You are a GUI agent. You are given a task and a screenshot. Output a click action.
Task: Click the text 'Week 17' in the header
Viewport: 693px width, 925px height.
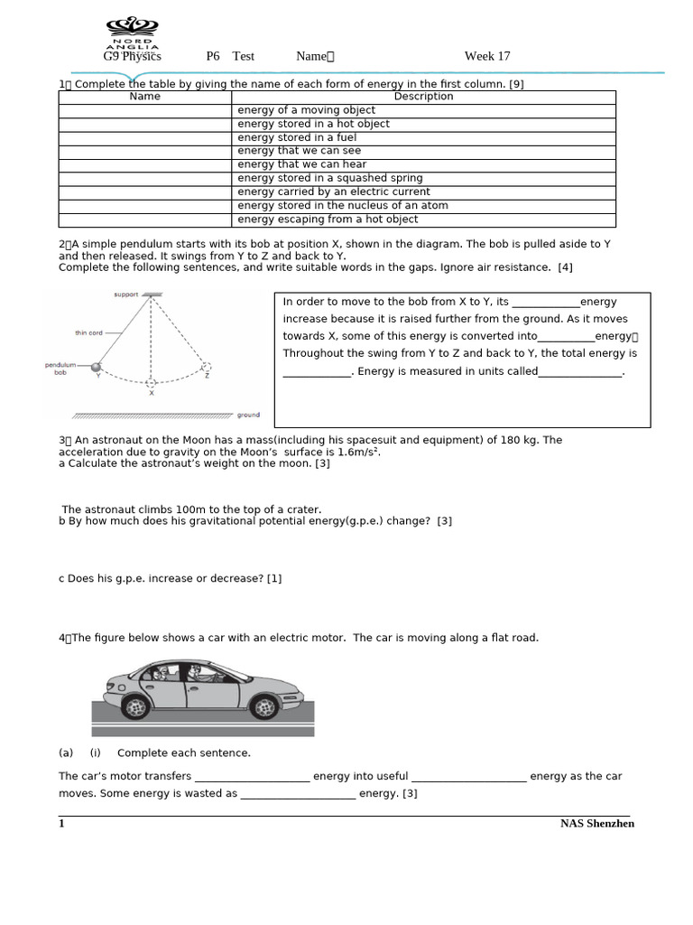(487, 56)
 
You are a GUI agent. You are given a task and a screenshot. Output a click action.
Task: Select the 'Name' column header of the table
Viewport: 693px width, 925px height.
(145, 97)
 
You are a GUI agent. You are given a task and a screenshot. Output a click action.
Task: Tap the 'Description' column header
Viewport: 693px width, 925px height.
(423, 97)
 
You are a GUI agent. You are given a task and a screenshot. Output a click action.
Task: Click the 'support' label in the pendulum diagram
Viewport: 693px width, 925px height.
(126, 294)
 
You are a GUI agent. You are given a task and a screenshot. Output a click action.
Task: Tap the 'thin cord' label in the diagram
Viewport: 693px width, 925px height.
(89, 332)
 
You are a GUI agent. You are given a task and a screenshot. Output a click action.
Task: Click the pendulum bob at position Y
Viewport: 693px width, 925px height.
(96, 367)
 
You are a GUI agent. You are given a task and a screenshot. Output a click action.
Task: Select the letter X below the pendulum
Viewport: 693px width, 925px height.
(152, 393)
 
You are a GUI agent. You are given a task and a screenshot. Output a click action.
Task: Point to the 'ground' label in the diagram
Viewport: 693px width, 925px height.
(248, 416)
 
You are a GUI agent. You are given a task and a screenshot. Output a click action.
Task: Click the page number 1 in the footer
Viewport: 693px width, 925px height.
(61, 824)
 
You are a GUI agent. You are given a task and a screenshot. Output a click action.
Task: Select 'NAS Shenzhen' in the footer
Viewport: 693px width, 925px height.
(596, 824)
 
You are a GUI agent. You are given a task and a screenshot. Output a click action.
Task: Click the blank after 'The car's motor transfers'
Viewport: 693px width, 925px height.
(252, 777)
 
